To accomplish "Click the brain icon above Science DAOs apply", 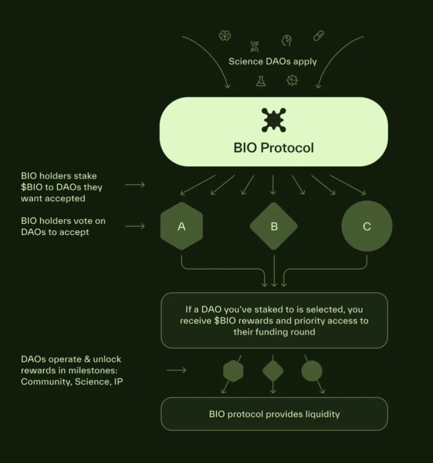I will click(x=225, y=36).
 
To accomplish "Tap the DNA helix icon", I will click(x=255, y=47).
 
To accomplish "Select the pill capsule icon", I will click(x=318, y=36).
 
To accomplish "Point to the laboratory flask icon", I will click(x=261, y=81).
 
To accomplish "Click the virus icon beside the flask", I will click(x=292, y=80).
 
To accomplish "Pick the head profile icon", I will click(x=287, y=40).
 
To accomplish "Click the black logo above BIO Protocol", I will click(x=273, y=120).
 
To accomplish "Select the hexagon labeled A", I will click(x=182, y=226).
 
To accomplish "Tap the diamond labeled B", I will click(x=274, y=226).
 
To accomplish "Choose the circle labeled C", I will click(x=367, y=226).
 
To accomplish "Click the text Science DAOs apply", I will click(x=273, y=61).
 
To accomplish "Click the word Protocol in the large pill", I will click(x=287, y=148).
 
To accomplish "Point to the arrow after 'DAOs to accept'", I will click(x=135, y=226).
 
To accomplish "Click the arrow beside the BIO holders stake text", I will click(x=135, y=185).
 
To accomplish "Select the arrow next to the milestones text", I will click(x=176, y=370).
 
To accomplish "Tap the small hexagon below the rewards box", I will click(x=233, y=371).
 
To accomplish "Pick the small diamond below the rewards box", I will click(x=273, y=371).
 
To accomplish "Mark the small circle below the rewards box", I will click(x=312, y=371).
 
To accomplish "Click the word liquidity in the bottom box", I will click(x=322, y=414).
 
